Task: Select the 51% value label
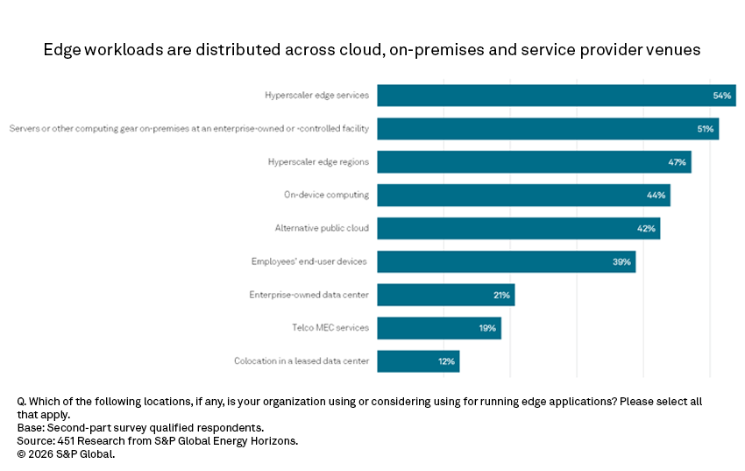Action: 704,129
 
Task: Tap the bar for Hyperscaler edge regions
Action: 534,162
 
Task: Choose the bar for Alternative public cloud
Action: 518,228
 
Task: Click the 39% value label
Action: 621,261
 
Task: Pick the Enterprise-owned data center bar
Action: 445,295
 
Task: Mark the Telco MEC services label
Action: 330,328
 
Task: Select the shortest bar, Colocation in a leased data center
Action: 418,361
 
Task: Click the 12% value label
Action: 446,361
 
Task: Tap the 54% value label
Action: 722,96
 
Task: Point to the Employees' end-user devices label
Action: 309,261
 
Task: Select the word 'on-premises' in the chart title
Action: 428,50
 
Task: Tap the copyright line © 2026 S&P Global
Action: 66,454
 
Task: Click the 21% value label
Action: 501,295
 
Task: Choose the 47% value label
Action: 678,162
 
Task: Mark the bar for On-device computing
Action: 523,195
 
